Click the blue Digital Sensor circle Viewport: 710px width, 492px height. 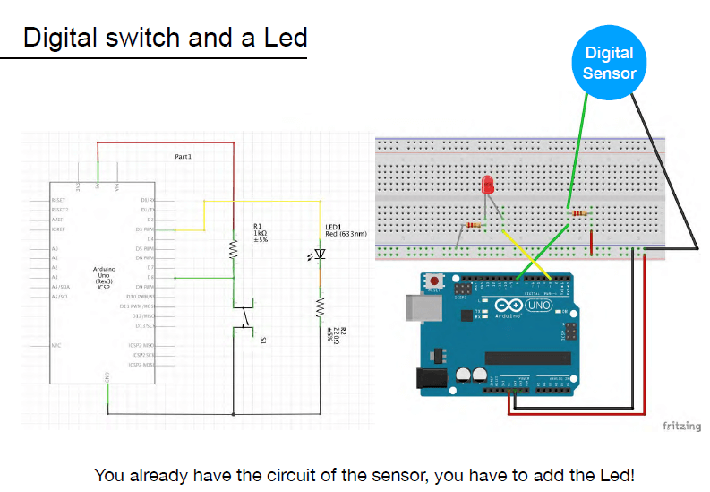609,62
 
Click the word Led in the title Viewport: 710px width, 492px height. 286,38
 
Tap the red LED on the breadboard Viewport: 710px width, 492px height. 488,186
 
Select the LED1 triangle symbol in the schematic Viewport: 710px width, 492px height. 321,255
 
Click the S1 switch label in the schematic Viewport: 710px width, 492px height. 263,341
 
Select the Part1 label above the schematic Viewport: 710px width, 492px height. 184,156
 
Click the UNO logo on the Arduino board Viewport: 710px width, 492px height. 538,306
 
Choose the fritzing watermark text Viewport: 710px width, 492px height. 681,426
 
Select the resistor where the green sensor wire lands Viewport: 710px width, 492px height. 578,213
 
